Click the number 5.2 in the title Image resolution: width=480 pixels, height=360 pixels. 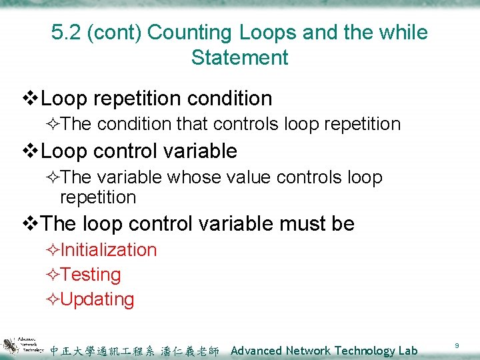tap(65, 32)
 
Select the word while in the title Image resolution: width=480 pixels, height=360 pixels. tap(399, 32)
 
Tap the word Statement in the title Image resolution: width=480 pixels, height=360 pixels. tap(240, 57)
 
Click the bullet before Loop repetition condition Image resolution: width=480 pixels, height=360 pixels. tap(31, 99)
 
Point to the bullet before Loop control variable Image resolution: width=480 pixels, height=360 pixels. tap(31, 151)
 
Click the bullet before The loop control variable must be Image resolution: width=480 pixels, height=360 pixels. tap(31, 224)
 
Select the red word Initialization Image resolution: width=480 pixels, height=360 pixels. tap(109, 250)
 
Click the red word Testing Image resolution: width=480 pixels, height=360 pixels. tap(91, 275)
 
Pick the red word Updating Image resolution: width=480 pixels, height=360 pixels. tap(97, 299)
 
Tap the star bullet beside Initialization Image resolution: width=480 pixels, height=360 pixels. tap(53, 250)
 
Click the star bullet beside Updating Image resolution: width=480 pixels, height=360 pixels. tap(53, 299)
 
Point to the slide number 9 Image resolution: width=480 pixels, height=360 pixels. tap(457, 345)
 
